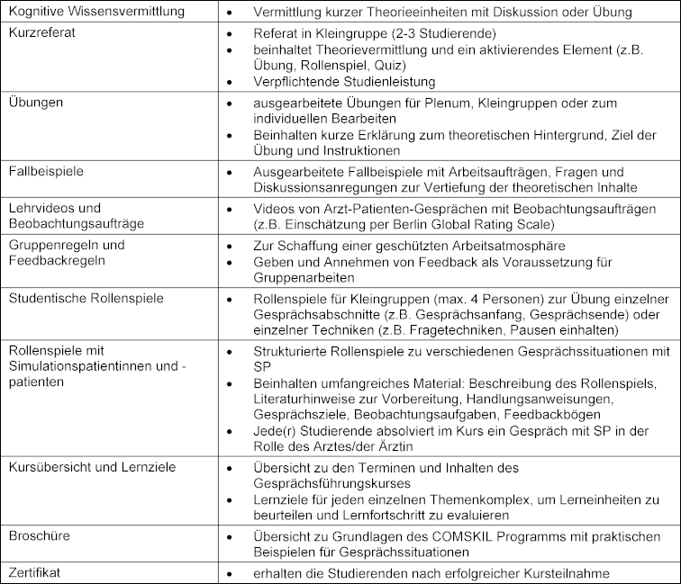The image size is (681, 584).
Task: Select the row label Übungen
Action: pyautogui.click(x=36, y=102)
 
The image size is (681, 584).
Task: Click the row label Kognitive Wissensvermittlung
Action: pyautogui.click(x=108, y=12)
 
